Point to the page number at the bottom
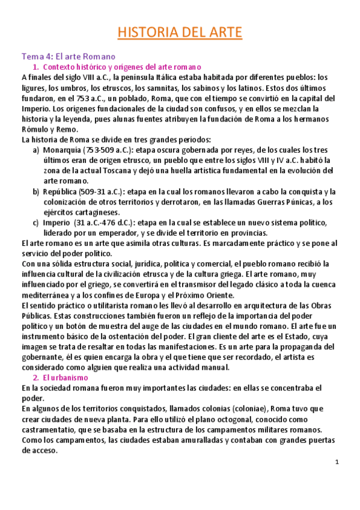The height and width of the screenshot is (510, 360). point(337,462)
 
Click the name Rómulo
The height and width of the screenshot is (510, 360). point(35,129)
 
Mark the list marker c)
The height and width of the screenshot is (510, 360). point(37,223)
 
